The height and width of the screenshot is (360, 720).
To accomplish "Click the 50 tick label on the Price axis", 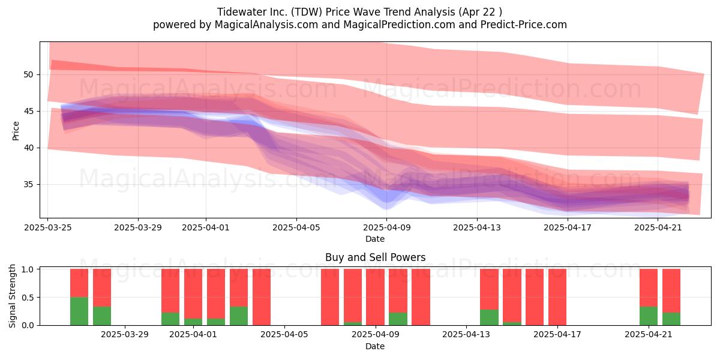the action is pyautogui.click(x=28, y=74).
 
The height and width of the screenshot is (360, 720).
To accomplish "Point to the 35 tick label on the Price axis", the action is pyautogui.click(x=28, y=185).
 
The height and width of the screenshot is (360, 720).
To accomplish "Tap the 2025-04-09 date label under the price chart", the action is pyautogui.click(x=386, y=227).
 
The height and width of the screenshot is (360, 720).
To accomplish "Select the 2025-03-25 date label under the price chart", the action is pyautogui.click(x=48, y=227).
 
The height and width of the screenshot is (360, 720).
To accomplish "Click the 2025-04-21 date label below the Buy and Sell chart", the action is pyautogui.click(x=649, y=334).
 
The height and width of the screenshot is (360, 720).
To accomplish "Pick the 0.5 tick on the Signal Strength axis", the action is pyautogui.click(x=28, y=298).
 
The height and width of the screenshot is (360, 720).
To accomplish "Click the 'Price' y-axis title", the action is pyautogui.click(x=16, y=131).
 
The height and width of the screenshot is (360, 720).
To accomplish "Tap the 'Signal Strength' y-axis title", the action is pyautogui.click(x=12, y=296).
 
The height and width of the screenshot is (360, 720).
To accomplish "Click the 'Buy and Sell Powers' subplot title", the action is pyautogui.click(x=375, y=257).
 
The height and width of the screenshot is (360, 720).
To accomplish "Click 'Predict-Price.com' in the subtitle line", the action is pyautogui.click(x=524, y=25).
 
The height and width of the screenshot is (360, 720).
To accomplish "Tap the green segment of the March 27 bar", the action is pyautogui.click(x=79, y=311).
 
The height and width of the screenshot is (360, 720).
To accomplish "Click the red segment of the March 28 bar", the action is pyautogui.click(x=102, y=287).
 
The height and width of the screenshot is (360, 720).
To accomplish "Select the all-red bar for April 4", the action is pyautogui.click(x=262, y=297).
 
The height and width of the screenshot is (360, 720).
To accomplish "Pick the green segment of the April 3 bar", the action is pyautogui.click(x=239, y=316).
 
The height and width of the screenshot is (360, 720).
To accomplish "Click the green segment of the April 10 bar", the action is pyautogui.click(x=398, y=319).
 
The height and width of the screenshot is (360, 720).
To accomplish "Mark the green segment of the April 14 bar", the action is pyautogui.click(x=489, y=317).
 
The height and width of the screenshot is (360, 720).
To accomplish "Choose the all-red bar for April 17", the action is pyautogui.click(x=557, y=297).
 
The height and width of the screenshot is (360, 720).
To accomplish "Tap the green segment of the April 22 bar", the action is pyautogui.click(x=671, y=319).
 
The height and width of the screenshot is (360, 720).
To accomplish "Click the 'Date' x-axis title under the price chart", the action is pyautogui.click(x=375, y=239).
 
